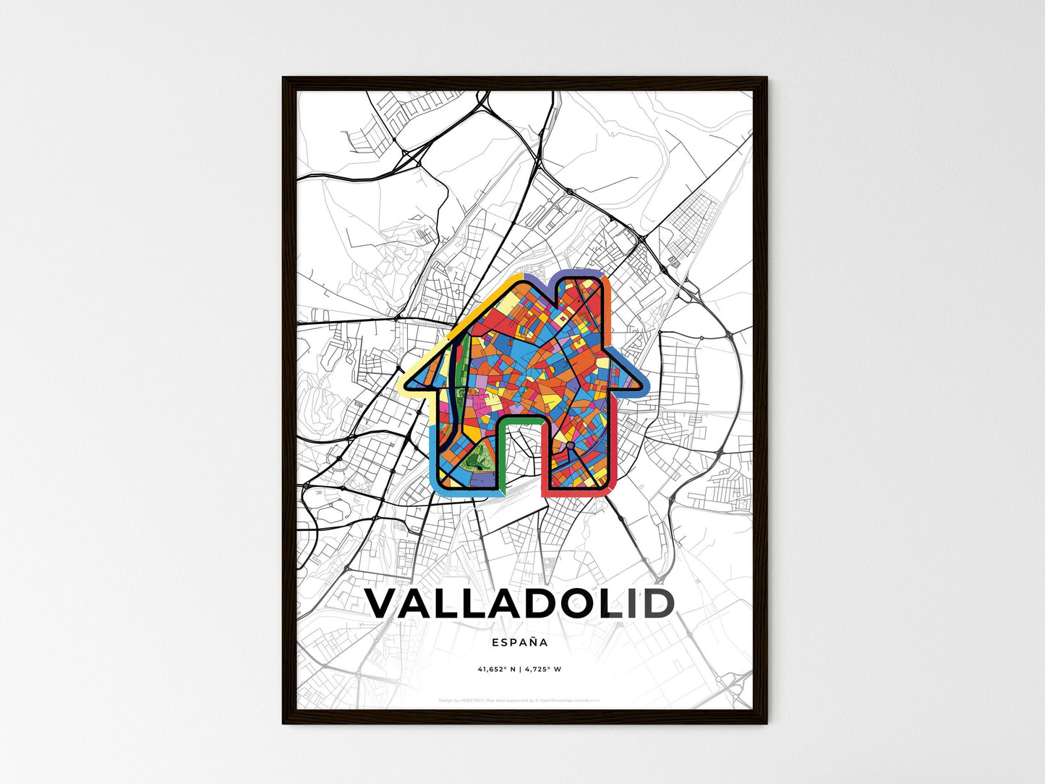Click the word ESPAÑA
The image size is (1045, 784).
click(519, 642)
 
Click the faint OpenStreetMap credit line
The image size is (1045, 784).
click(519, 700)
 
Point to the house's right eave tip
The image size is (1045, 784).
click(646, 383)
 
